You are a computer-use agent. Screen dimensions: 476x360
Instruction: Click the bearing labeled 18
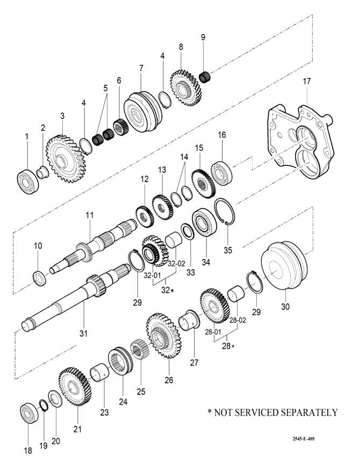[x=28, y=414]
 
